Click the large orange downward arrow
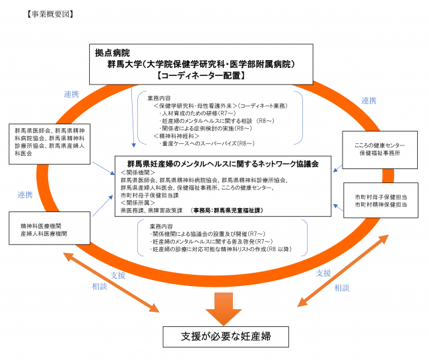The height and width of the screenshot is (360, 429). [226, 305]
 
